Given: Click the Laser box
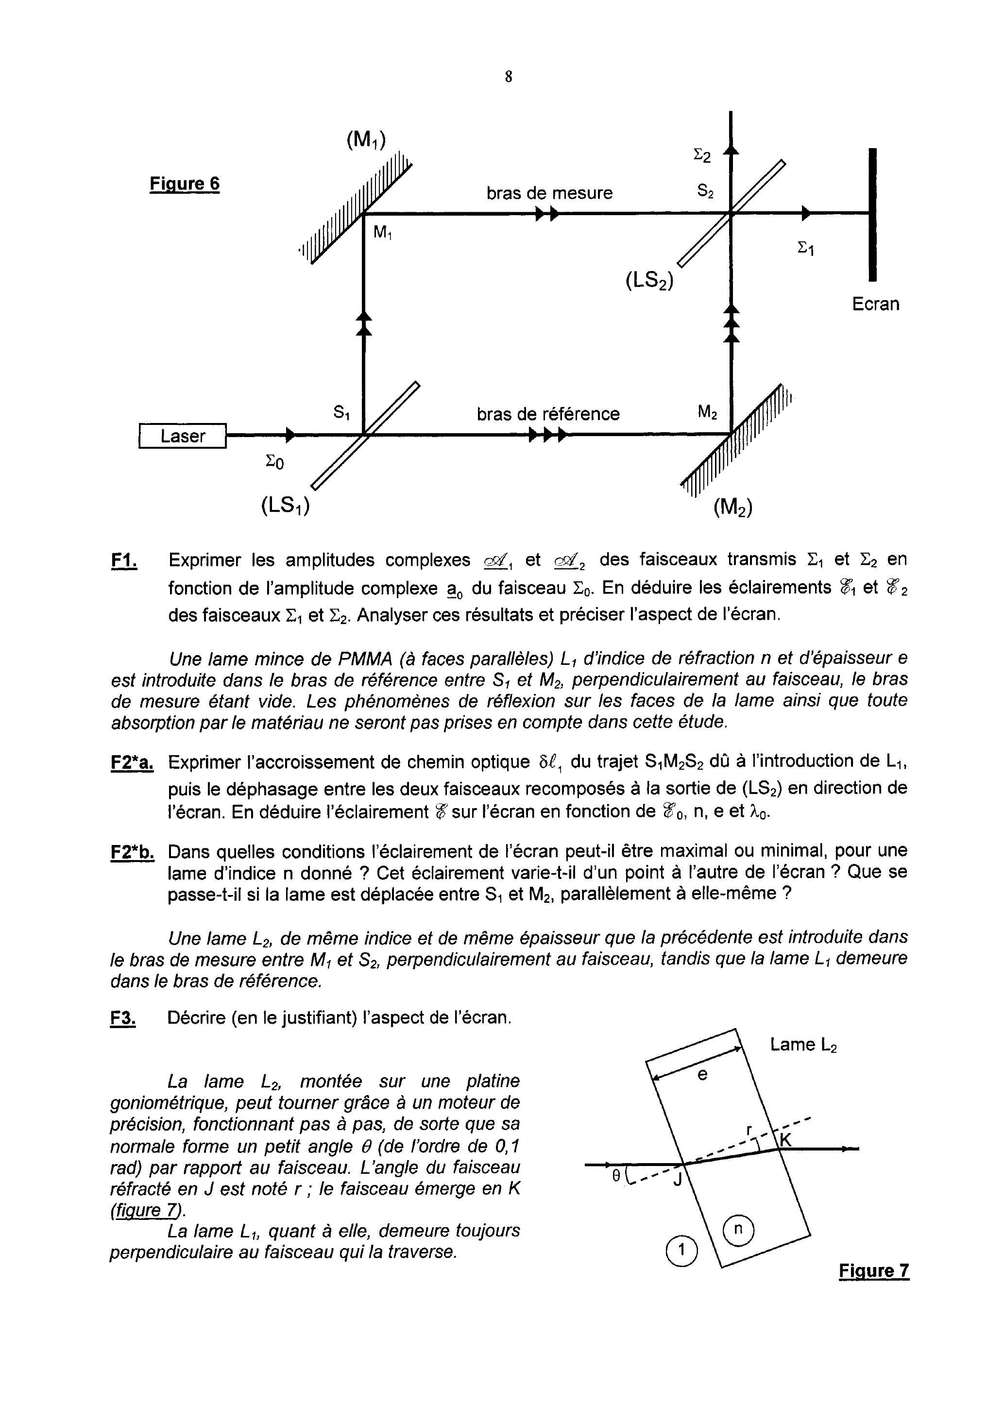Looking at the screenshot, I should pyautogui.click(x=183, y=436).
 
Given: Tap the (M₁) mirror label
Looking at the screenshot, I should pyautogui.click(x=366, y=140).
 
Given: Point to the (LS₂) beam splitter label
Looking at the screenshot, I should pyautogui.click(x=649, y=281).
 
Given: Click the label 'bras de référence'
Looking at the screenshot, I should pyautogui.click(x=548, y=414).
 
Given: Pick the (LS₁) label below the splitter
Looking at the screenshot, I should pyautogui.click(x=285, y=506).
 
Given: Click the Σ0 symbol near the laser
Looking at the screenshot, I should pyautogui.click(x=274, y=461).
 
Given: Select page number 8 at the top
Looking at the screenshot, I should pyautogui.click(x=509, y=77).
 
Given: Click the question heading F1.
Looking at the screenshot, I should pyautogui.click(x=124, y=561).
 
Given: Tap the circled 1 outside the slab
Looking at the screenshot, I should pyautogui.click(x=681, y=1251).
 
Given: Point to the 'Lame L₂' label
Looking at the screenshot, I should pyautogui.click(x=803, y=1045).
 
